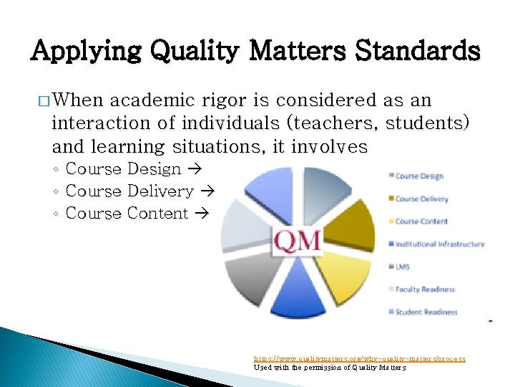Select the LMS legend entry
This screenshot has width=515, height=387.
[x=403, y=267]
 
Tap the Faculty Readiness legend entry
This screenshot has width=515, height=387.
[x=425, y=290]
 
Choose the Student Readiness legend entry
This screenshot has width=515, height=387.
[x=426, y=312]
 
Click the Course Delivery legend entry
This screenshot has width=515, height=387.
[x=421, y=199]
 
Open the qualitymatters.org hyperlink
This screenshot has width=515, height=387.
[x=360, y=358]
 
